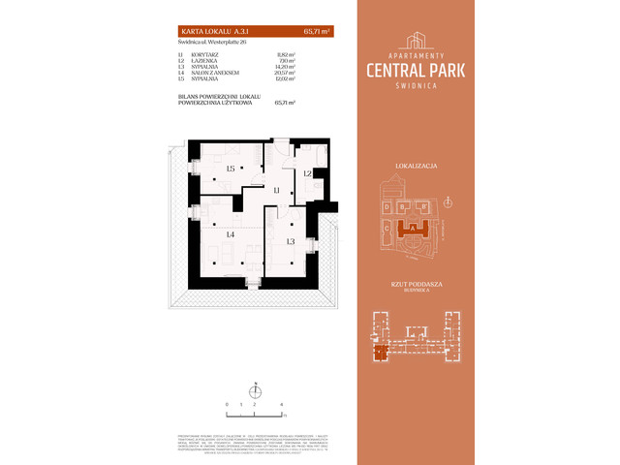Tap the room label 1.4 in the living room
click(x=231, y=234)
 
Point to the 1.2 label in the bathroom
click(x=306, y=173)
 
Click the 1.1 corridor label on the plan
click(x=275, y=191)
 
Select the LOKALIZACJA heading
click(x=418, y=167)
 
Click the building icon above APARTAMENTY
click(x=417, y=40)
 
